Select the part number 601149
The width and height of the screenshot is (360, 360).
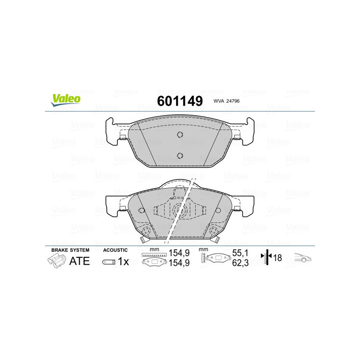click(x=180, y=101)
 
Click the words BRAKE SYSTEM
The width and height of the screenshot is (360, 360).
click(x=70, y=250)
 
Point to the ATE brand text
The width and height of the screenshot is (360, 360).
click(x=79, y=261)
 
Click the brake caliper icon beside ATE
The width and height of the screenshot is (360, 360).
click(x=57, y=261)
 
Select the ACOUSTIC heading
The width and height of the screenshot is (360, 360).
click(x=115, y=250)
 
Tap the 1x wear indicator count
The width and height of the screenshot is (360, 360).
click(x=123, y=261)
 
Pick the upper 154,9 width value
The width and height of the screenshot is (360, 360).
click(x=177, y=254)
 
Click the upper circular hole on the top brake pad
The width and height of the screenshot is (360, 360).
click(x=180, y=135)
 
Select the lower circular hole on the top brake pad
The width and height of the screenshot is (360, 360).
click(x=180, y=156)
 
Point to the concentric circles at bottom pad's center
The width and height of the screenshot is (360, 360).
click(x=179, y=210)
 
